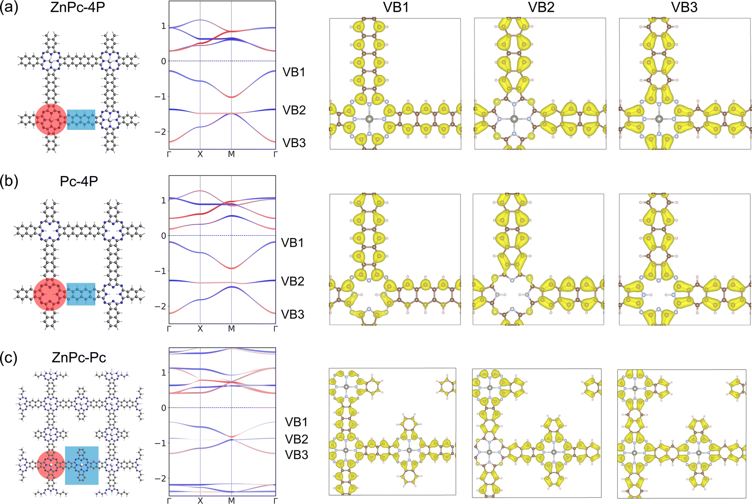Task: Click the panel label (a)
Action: (x=9, y=7)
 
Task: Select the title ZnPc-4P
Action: (x=78, y=7)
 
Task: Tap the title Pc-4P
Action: (x=79, y=181)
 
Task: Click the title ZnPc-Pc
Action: (x=79, y=357)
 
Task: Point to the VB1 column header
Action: (x=396, y=7)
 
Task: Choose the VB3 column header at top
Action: (x=684, y=7)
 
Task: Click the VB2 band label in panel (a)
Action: (x=294, y=110)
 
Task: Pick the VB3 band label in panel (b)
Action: (x=292, y=314)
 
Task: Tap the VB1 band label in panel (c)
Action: (x=296, y=422)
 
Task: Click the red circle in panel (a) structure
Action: (x=51, y=119)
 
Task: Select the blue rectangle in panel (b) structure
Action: (x=81, y=294)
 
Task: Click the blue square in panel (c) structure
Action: (x=82, y=465)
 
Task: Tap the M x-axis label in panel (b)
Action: (x=231, y=329)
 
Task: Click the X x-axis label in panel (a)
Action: (x=200, y=155)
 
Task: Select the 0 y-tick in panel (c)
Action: (x=163, y=408)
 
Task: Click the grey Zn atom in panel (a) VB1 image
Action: (x=369, y=119)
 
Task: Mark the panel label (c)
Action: (x=9, y=357)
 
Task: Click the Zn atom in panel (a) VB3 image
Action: (x=658, y=119)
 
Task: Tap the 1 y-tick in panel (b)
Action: (x=163, y=201)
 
